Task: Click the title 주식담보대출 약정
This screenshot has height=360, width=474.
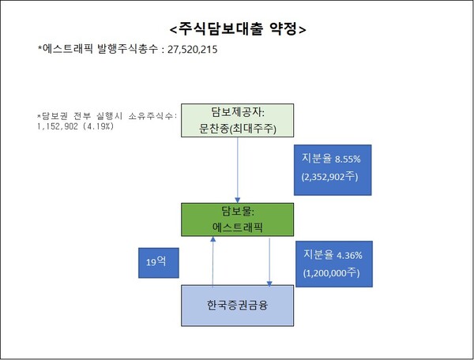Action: pos(237,29)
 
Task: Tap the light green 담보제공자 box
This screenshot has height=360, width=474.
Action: pos(238,119)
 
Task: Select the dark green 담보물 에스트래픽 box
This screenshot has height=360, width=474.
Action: pos(237,219)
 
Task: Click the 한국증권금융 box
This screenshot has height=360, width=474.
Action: pos(238,303)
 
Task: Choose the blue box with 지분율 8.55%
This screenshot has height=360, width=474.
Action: pos(330,167)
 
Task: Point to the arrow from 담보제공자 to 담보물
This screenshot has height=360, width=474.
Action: pos(238,170)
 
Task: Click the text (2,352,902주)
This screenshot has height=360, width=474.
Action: pos(330,176)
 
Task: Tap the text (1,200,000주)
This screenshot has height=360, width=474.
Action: pos(330,273)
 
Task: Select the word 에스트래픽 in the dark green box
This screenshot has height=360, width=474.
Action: pos(237,228)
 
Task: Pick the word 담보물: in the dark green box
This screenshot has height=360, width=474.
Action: pos(237,212)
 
